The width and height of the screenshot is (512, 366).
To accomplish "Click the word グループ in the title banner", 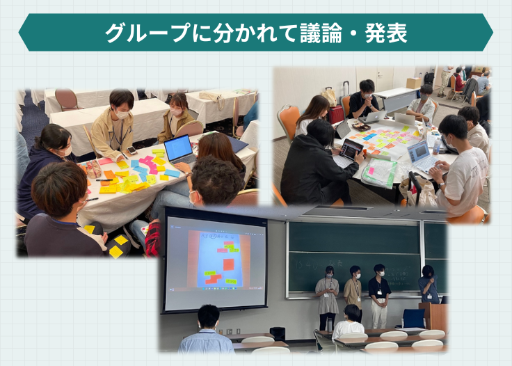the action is coord(147,33).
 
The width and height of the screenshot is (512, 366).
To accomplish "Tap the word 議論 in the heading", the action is coord(321,33).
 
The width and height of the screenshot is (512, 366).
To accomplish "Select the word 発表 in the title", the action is coord(386,33).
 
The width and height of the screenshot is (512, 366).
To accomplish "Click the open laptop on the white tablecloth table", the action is coord(180,150).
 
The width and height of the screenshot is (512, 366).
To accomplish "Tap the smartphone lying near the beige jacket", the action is coord(131,150).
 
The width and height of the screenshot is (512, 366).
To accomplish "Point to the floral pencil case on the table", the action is coord(93,169).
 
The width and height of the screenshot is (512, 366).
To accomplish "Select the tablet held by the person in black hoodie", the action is coord(351,150).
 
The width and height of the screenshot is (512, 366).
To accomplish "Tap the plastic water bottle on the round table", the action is coord(437,145).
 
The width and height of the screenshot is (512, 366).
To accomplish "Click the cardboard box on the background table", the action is coord(414,83).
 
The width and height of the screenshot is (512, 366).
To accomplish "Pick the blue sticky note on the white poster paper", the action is coord(369,136).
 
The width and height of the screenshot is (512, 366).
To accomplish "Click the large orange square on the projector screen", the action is coord(229,264).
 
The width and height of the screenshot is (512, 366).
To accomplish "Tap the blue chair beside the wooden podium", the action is coord(413,319).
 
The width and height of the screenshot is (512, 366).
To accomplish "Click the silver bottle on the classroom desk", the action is coord(329,324).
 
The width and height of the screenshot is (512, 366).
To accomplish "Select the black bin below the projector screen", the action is coord(278,334).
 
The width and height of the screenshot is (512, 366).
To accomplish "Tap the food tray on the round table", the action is coord(362,127).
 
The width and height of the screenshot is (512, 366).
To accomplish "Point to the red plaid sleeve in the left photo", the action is coord(152,239).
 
